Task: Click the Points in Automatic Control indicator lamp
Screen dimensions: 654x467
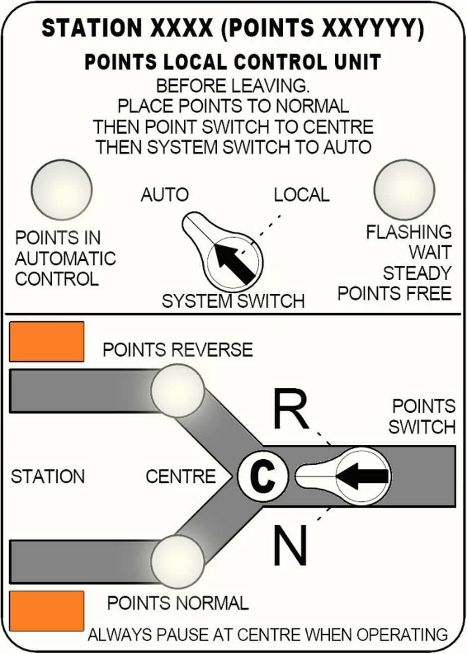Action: [62, 189]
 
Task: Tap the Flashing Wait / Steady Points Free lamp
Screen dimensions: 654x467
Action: [404, 189]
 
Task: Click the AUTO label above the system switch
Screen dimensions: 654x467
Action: [164, 195]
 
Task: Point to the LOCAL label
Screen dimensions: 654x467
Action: [302, 195]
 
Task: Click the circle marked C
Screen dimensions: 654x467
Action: [262, 476]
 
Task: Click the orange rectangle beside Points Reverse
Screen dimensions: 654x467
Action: [47, 341]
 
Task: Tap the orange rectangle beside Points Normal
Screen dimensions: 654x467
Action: [47, 611]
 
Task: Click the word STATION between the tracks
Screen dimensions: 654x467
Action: [48, 477]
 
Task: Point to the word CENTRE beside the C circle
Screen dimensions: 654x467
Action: [181, 477]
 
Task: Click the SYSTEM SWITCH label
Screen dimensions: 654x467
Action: [233, 301]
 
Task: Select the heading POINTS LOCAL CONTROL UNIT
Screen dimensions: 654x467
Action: [233, 63]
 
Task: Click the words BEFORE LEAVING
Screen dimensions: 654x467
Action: [233, 86]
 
